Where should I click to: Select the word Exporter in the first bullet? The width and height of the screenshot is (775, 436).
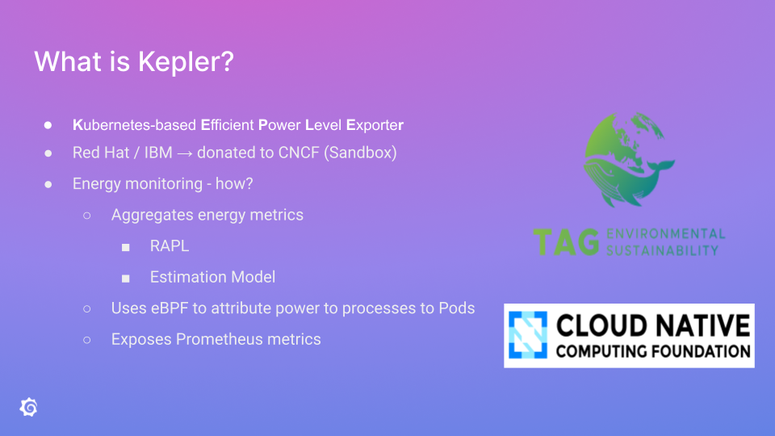[375, 125]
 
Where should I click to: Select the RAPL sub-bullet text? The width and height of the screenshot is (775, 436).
[170, 245]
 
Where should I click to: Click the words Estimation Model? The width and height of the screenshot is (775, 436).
[212, 277]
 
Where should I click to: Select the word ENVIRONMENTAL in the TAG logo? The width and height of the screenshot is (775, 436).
[664, 234]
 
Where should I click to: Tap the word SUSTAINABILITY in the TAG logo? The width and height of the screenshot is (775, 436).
[661, 250]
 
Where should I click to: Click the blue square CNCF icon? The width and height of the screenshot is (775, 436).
[527, 335]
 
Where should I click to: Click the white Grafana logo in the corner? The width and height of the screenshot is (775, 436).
[28, 407]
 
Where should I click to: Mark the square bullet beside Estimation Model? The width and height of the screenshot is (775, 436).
[126, 278]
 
